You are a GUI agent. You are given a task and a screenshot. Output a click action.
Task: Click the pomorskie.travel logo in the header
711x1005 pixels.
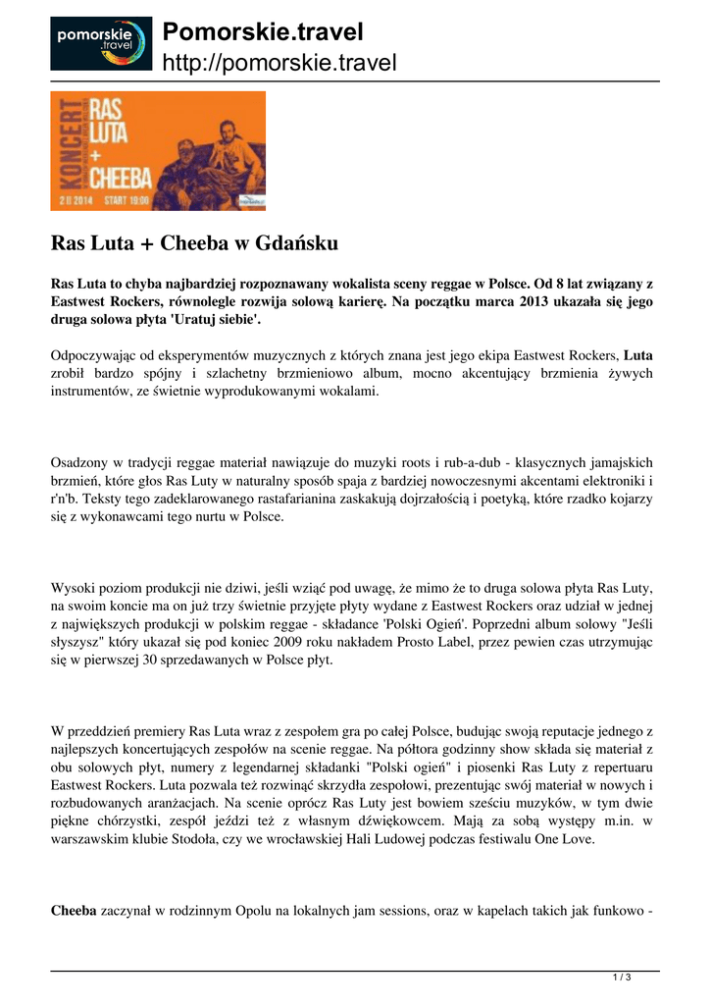pyautogui.click(x=101, y=43)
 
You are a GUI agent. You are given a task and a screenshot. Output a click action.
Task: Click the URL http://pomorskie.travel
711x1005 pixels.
pyautogui.click(x=279, y=64)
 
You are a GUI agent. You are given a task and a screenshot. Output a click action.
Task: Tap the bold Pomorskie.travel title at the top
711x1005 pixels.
pyautogui.click(x=262, y=32)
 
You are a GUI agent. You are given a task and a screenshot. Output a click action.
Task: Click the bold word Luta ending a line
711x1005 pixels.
pyautogui.click(x=638, y=355)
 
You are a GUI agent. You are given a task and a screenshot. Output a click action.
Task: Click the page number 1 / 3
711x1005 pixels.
pyautogui.click(x=621, y=977)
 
